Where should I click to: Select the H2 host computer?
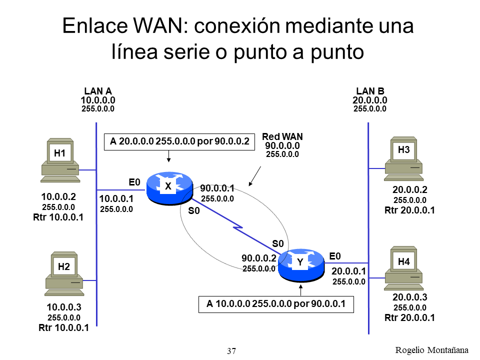coord(64,274)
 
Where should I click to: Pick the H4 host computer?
coord(403,268)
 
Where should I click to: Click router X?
coord(169,189)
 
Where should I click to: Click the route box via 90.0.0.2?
coord(179,141)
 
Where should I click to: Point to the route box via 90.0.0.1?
coord(276,304)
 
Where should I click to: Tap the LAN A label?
coord(98,91)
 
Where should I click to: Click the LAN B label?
coord(370,91)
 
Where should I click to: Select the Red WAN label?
coord(282,136)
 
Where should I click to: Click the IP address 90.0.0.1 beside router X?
coord(217,188)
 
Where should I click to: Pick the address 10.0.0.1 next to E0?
coord(116,199)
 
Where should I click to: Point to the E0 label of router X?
coord(135,182)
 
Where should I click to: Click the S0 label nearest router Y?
coord(278,243)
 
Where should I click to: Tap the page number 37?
coord(231,351)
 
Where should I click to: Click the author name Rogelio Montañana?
coord(433,349)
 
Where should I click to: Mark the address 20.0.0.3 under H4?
coord(409,297)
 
